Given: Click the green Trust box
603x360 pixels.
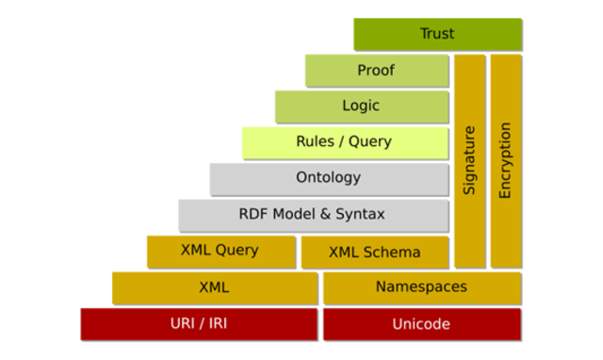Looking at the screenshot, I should (x=437, y=34).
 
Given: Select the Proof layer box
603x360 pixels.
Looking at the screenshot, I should (x=376, y=71).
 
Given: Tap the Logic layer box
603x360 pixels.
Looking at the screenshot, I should (x=361, y=106).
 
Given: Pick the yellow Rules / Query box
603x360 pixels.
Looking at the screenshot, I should (x=343, y=142).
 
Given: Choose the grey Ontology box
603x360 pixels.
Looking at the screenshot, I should (x=328, y=178).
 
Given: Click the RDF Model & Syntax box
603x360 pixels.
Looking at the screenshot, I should (x=312, y=215).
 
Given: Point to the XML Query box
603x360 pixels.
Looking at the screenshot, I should (x=220, y=251).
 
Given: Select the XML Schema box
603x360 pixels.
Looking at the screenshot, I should (x=374, y=252).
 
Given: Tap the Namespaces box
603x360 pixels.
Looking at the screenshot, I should (x=421, y=287).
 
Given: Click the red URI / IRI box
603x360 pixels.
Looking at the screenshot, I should (x=199, y=324).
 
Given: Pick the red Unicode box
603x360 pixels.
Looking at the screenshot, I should (x=421, y=324).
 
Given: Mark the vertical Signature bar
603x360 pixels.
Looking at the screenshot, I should (x=469, y=160).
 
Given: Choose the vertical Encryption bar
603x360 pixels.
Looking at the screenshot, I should (x=505, y=160).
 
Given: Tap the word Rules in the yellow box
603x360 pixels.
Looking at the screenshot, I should (x=314, y=142).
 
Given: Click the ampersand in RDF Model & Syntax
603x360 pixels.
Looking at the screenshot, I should (x=328, y=215).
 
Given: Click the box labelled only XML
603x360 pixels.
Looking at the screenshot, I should (x=214, y=287).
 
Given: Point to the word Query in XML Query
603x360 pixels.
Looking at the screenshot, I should (x=238, y=251).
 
